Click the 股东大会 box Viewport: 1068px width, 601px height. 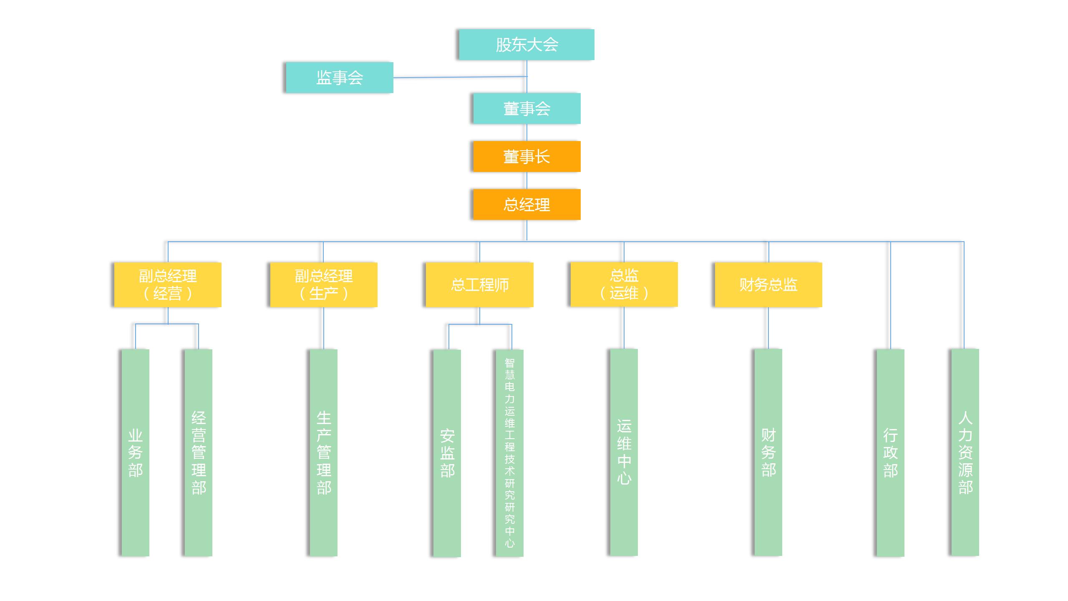point(526,45)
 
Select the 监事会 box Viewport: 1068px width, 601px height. point(339,78)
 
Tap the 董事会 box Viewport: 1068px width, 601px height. point(526,109)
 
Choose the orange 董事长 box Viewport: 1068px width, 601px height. point(526,157)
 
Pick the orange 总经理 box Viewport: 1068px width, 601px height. point(526,205)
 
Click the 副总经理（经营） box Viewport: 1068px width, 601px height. point(168,285)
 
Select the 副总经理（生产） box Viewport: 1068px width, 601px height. point(324,285)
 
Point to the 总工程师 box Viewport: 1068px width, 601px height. point(479,285)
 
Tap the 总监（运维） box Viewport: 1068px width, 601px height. point(624,284)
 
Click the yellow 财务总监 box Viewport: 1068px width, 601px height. point(768,285)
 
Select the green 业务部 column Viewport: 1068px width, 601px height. point(135,453)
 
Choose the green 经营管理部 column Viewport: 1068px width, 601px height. point(199,453)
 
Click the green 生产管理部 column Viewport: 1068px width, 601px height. point(324,453)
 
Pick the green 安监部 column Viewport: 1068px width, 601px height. point(447,453)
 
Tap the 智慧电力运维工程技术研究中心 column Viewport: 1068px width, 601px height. point(509,453)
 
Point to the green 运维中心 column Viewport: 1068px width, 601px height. point(624,452)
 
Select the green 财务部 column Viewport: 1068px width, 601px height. point(768,452)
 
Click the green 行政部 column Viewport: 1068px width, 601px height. point(890,453)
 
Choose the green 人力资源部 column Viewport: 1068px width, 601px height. point(965,452)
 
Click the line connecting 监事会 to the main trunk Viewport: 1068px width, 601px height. point(459,77)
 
